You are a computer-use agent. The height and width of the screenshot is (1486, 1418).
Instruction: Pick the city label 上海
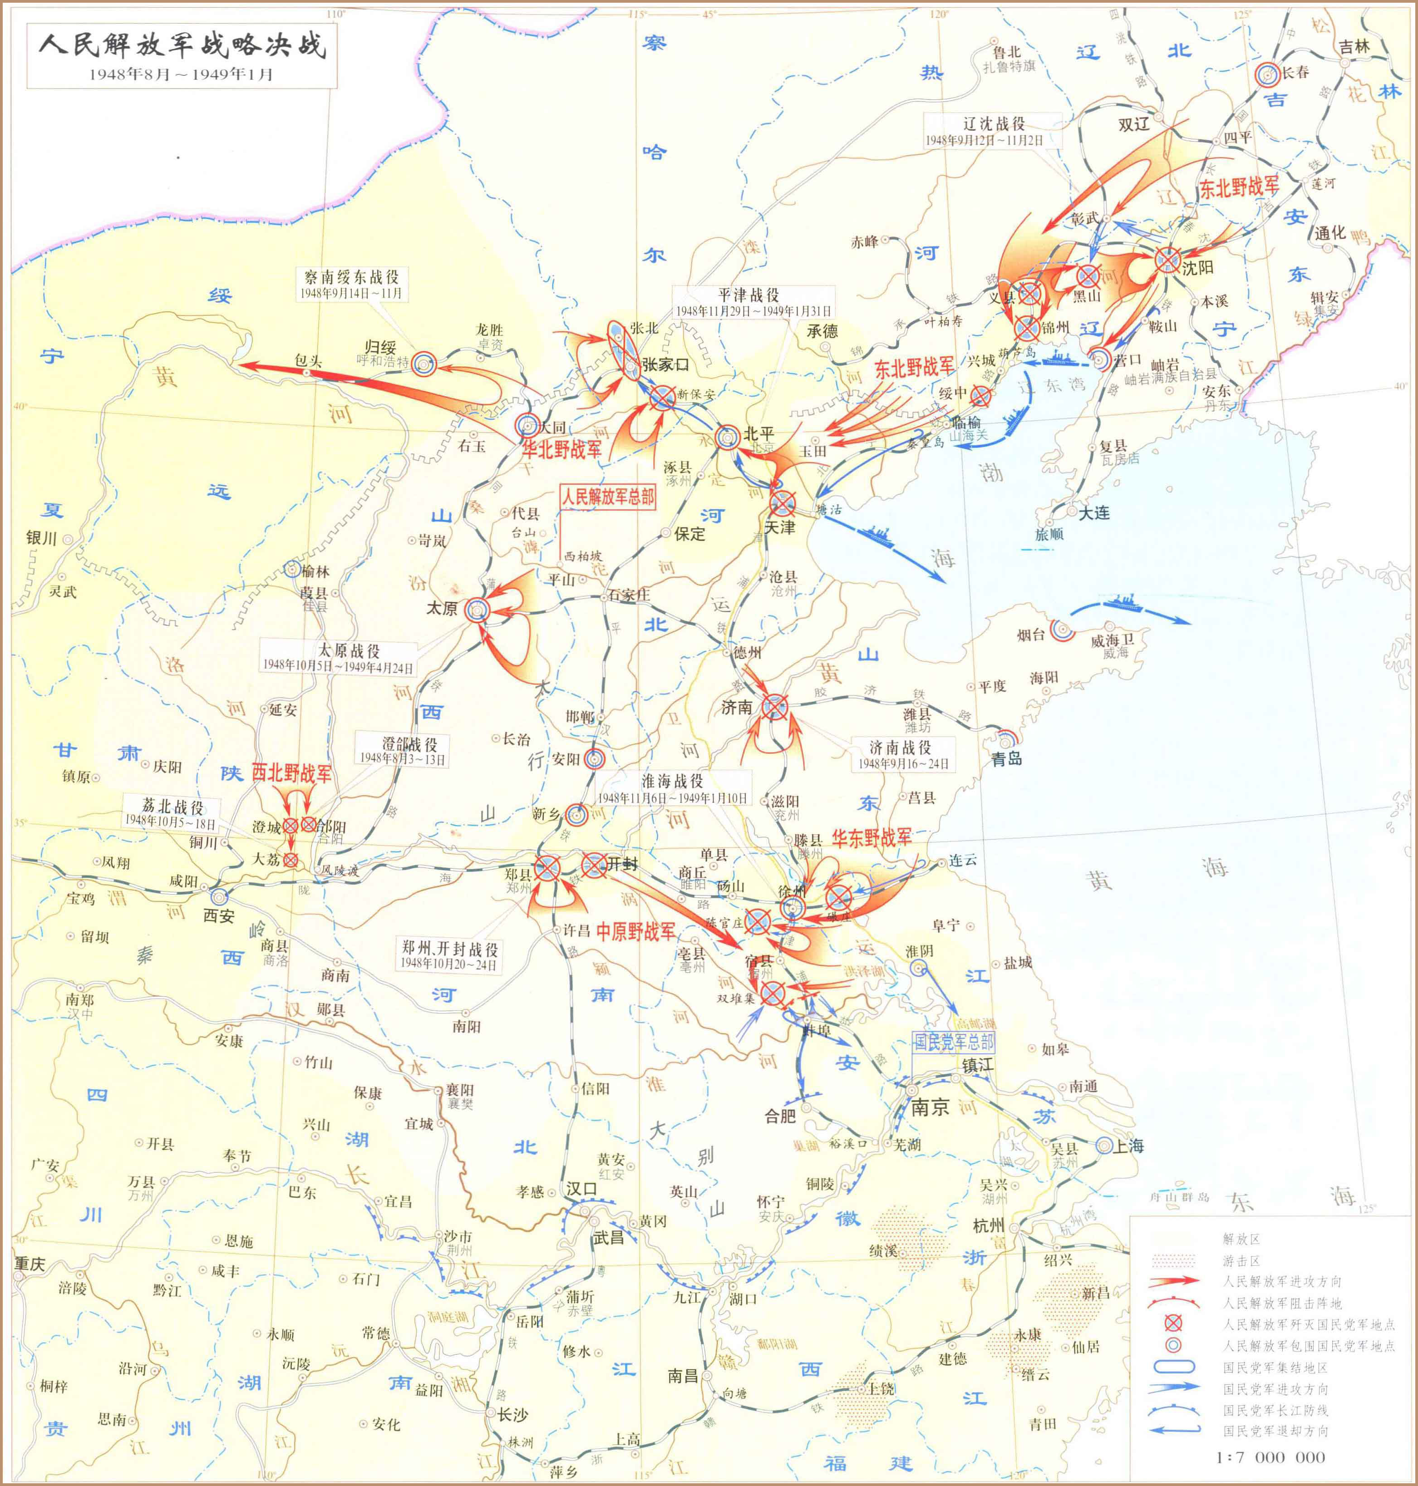[1128, 1146]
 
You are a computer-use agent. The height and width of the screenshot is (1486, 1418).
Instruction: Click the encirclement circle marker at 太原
[478, 609]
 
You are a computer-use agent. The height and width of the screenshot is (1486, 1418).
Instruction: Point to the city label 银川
[42, 538]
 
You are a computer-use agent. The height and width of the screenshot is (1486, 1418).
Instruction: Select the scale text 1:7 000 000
[1270, 1456]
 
